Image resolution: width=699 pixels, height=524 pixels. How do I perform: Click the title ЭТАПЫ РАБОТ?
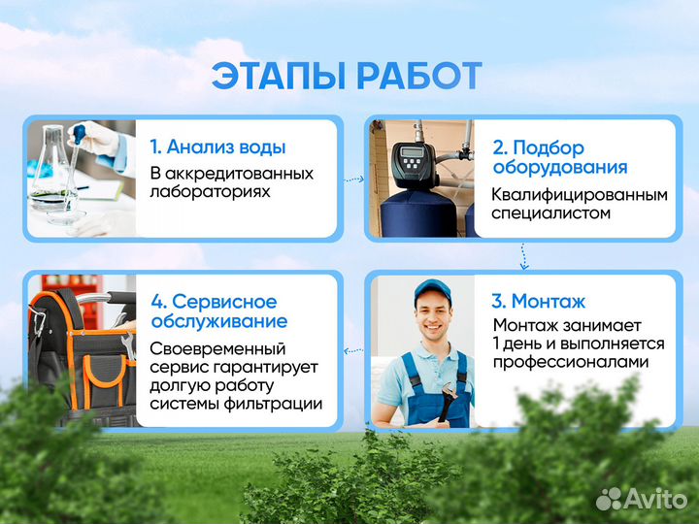pos(348,76)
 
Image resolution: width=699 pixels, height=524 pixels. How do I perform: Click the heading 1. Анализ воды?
pos(217,147)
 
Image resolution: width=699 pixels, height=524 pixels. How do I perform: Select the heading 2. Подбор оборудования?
pos(558,157)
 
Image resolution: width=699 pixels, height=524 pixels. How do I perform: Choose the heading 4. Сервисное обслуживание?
pos(218,311)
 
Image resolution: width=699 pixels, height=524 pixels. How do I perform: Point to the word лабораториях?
pos(210,191)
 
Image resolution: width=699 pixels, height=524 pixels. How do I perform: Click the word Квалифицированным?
pos(579,195)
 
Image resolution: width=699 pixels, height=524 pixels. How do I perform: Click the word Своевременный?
pos(216,348)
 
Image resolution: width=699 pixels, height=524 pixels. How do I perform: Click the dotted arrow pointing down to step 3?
pos(524,255)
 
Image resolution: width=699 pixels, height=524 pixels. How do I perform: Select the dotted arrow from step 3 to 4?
pos(351,347)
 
